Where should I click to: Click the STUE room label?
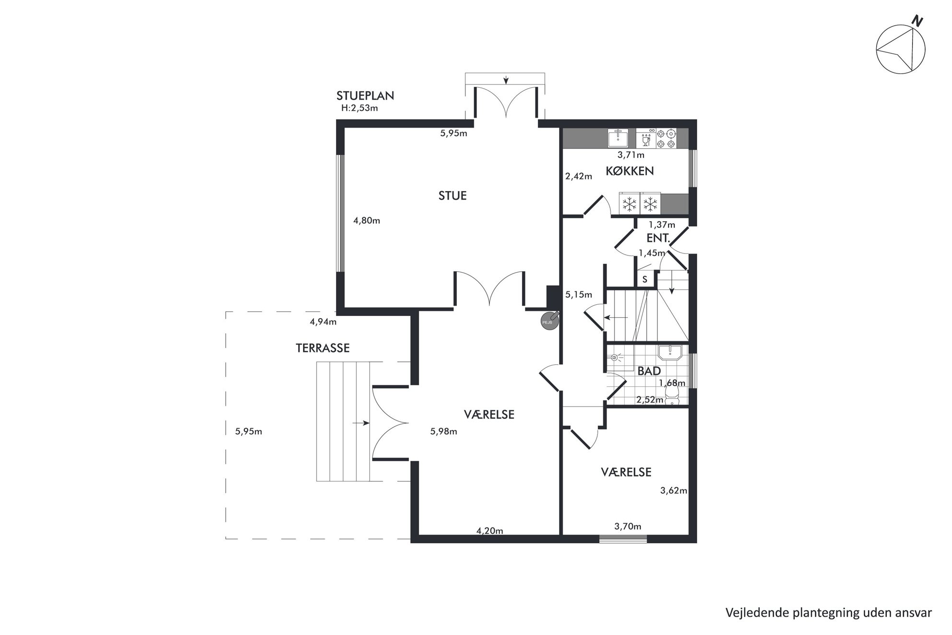coord(452,196)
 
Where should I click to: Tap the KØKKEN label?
coord(630,171)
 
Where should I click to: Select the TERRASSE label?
coord(322,348)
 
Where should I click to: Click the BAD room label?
coord(649,371)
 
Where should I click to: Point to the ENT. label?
coord(658,239)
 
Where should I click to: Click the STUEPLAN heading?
coord(365,96)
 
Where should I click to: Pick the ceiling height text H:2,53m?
coord(359,108)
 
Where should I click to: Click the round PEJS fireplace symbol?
coord(548,321)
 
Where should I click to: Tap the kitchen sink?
coord(618,138)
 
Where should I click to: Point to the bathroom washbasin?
coord(670,352)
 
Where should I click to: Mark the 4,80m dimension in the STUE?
coord(367,221)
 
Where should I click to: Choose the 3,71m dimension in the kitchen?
coord(631,155)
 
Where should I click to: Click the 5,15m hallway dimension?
coord(579,295)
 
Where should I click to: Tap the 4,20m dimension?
coord(490,531)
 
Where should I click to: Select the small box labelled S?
coord(645,279)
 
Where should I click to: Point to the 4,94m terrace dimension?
coord(323,322)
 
